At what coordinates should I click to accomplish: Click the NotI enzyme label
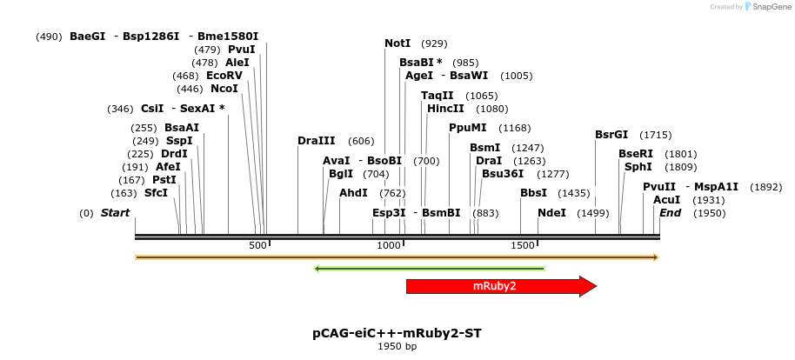click(x=397, y=43)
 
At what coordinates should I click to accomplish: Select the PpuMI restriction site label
click(x=467, y=128)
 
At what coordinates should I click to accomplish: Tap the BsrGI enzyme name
click(x=611, y=135)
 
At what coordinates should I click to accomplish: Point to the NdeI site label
click(x=551, y=213)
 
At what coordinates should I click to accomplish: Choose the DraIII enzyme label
click(x=316, y=141)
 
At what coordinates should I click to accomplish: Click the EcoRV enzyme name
click(x=224, y=76)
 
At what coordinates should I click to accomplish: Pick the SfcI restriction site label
click(x=156, y=192)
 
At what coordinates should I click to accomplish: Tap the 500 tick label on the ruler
click(x=257, y=246)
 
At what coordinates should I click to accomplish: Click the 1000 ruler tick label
click(x=388, y=246)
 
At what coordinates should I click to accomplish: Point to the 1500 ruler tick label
click(x=523, y=246)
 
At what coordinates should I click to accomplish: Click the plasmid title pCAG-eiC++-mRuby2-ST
click(x=397, y=333)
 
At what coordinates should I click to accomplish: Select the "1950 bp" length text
click(x=397, y=347)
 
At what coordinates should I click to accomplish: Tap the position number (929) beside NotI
click(x=434, y=43)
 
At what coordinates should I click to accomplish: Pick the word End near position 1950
click(x=670, y=213)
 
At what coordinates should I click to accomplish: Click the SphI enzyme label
click(x=638, y=167)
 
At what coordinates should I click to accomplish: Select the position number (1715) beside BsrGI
click(x=655, y=135)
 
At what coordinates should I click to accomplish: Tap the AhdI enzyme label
click(x=353, y=193)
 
